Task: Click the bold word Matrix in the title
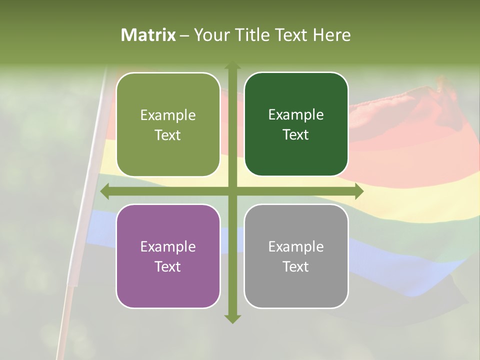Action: pos(148,35)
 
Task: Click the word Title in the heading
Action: pos(252,35)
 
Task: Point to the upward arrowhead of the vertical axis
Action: pos(232,66)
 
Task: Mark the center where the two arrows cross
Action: pos(232,191)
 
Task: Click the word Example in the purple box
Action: pos(168,246)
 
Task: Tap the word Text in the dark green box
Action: pos(295,135)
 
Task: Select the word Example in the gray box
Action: pos(296,246)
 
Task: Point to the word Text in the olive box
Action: pos(167,135)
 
